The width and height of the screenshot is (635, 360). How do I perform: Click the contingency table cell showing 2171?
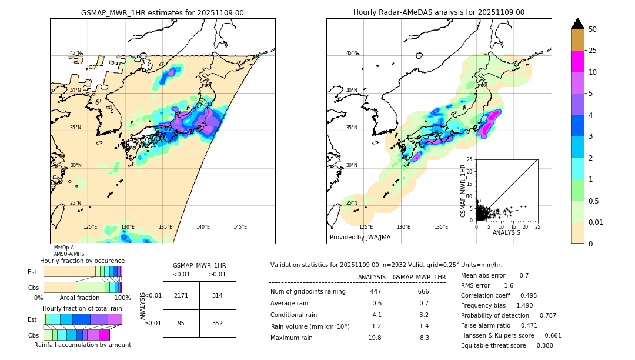click(181, 295)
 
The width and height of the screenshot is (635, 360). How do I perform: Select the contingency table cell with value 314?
click(218, 295)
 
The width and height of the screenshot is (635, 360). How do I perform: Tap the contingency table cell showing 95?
click(181, 322)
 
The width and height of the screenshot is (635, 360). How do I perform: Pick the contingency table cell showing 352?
click(218, 322)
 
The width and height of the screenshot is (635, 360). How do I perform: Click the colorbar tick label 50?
click(593, 29)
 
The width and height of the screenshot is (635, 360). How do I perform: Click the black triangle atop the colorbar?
click(578, 24)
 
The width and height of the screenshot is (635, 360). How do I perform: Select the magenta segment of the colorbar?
click(578, 61)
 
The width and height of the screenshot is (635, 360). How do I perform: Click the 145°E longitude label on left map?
click(240, 227)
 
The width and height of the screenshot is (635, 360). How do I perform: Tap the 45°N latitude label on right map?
click(352, 53)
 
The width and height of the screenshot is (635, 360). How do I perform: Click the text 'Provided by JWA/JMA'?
click(360, 238)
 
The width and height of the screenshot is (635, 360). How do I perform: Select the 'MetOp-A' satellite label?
click(63, 248)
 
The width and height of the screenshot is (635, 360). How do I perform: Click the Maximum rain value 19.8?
click(376, 338)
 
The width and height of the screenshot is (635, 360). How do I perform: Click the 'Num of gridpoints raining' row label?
click(308, 291)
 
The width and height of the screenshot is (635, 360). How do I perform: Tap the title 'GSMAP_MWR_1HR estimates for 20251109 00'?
click(162, 12)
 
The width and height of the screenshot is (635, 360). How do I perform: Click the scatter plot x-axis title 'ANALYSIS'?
click(506, 232)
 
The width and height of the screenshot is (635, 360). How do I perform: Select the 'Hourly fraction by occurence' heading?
click(82, 261)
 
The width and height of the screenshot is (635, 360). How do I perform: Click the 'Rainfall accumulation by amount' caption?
click(83, 345)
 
